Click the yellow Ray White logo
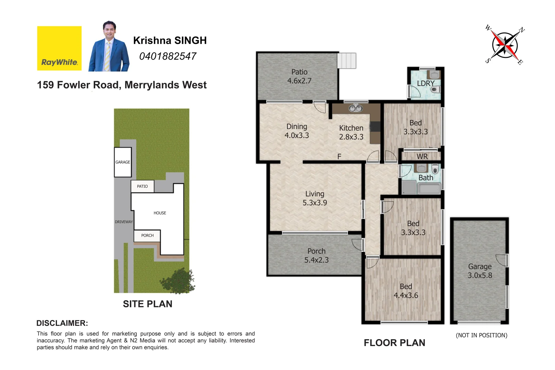[x=59, y=48]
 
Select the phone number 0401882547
[x=168, y=56]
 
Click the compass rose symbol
[x=505, y=45]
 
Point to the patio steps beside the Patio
[x=347, y=61]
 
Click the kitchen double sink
[x=356, y=108]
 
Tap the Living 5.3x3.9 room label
[x=314, y=198]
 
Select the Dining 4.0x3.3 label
[x=297, y=131]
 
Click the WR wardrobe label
[x=422, y=157]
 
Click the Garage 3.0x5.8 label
[x=480, y=271]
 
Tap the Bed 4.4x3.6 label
[x=406, y=291]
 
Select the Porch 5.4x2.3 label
[x=316, y=256]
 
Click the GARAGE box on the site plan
[x=123, y=162]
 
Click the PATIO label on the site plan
[x=142, y=186]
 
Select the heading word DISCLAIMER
[x=62, y=323]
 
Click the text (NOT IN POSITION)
[x=481, y=335]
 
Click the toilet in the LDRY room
[x=436, y=90]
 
